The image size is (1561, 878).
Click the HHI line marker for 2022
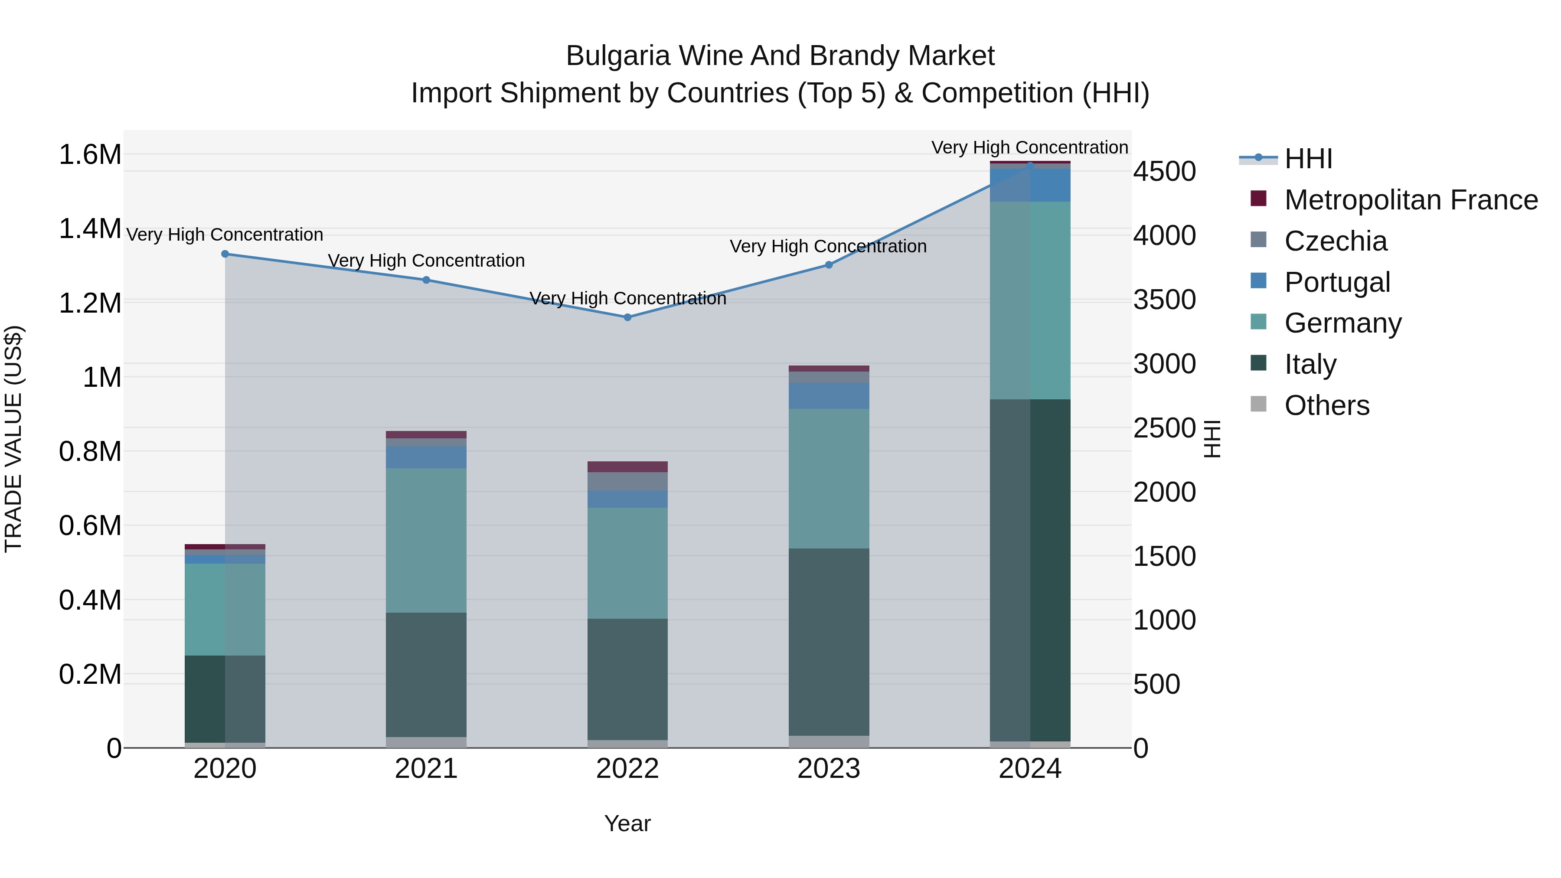tap(627, 317)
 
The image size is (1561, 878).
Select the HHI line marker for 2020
tap(225, 254)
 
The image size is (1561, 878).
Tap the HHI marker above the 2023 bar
tap(828, 265)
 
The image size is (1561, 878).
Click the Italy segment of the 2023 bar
tap(828, 642)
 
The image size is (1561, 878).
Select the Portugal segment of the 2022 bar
tap(627, 499)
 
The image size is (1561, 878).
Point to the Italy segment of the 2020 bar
tap(225, 698)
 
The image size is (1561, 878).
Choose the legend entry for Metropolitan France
tap(1411, 200)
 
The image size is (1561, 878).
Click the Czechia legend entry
tap(1336, 241)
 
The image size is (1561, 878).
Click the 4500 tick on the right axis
tap(1164, 171)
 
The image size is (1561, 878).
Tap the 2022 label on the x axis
tap(627, 769)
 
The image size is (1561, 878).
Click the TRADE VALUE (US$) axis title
tap(13, 439)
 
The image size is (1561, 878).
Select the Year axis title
tap(627, 823)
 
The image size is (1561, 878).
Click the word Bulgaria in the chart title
tap(617, 56)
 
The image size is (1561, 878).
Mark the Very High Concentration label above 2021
tap(426, 261)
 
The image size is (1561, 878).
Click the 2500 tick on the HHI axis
tap(1164, 428)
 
